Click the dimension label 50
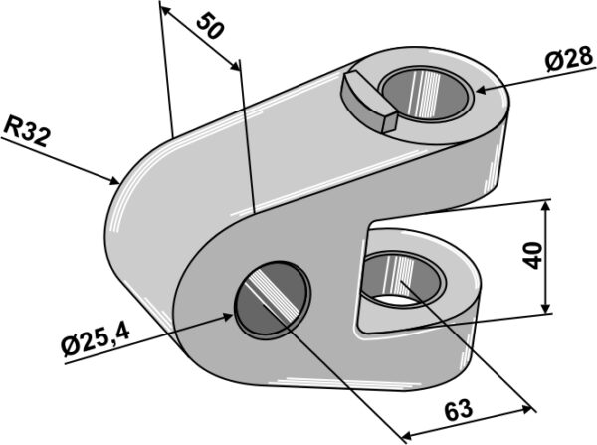pos(210,26)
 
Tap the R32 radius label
pos(26,131)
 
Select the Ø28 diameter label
pos(569,59)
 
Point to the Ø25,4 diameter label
pos(96,341)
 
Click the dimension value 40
pos(532,255)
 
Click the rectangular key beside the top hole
pos(369,102)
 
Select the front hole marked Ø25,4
pos(272,300)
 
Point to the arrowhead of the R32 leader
pos(113,181)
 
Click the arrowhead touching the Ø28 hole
pos(482,90)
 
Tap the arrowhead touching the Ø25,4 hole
pos(227,317)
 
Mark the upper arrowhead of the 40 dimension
pos(546,207)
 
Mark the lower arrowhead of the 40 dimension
pos(546,307)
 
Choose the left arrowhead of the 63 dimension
pos(408,435)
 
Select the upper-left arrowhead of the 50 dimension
pos(166,11)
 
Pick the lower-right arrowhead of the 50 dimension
pos(235,65)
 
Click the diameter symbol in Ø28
pos(552,62)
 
